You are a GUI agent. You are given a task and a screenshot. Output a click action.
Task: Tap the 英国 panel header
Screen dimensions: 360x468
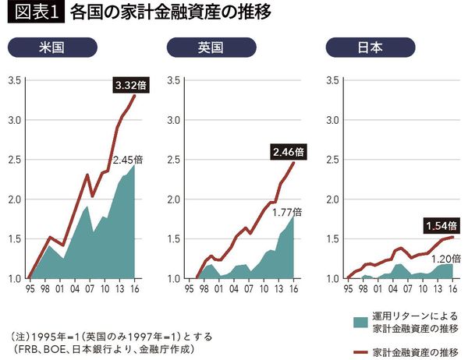pyautogui.click(x=211, y=48)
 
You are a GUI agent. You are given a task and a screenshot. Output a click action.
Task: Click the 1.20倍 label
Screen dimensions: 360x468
pyautogui.click(x=445, y=257)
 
